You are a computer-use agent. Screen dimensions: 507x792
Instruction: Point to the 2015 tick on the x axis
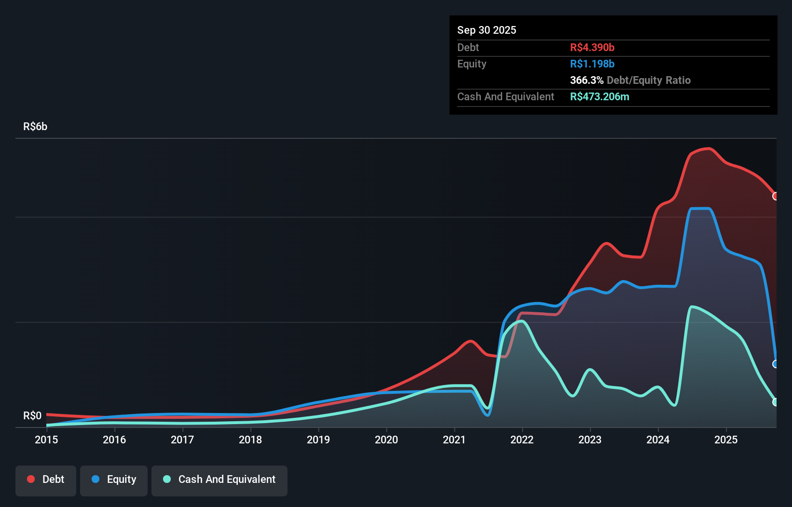(x=46, y=440)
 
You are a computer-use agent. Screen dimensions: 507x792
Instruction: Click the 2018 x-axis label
(x=250, y=440)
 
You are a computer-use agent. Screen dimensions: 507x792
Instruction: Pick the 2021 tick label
(x=454, y=440)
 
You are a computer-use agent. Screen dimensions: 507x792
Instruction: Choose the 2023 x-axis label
(x=590, y=440)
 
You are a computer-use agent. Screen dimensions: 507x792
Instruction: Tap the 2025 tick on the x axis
(x=726, y=440)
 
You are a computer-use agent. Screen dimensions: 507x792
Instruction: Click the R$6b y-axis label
(x=35, y=127)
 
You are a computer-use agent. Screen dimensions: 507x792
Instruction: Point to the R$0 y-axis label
(x=32, y=415)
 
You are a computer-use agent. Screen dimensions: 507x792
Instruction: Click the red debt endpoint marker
(x=775, y=196)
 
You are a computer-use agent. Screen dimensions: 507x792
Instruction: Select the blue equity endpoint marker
(x=775, y=364)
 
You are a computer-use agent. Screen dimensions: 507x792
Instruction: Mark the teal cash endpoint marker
(x=775, y=402)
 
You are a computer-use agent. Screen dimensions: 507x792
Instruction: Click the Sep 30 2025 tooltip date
(x=487, y=30)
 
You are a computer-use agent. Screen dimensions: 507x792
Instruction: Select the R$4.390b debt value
(x=592, y=47)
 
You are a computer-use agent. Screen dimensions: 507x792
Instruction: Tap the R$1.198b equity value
(x=592, y=64)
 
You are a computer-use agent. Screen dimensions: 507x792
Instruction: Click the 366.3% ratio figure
(x=587, y=80)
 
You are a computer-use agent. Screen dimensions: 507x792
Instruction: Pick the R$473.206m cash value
(x=600, y=96)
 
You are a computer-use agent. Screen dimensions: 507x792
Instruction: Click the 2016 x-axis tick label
(x=114, y=440)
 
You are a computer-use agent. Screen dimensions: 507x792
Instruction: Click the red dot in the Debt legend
(x=31, y=479)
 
